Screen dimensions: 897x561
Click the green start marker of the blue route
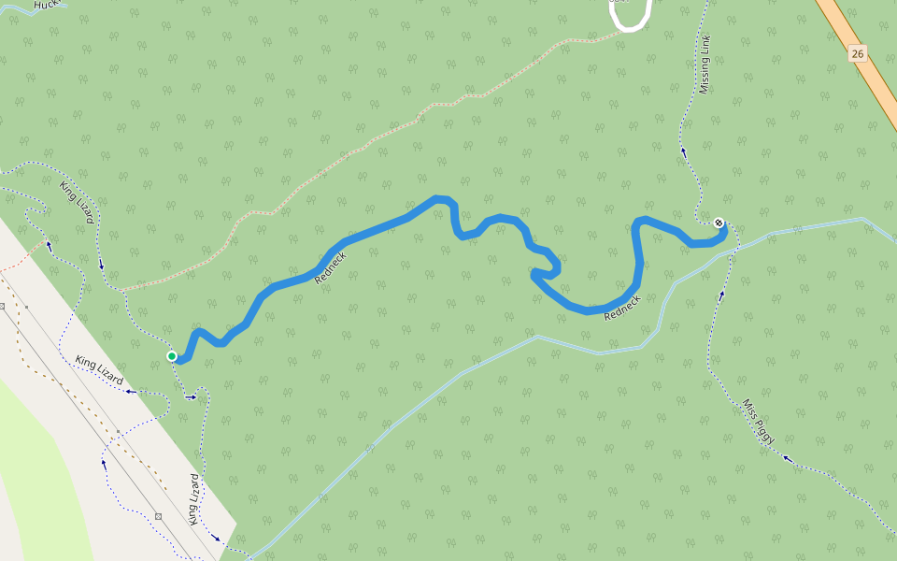pos(172,356)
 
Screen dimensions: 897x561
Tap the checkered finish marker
pos(718,223)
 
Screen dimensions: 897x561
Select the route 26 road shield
pos(858,53)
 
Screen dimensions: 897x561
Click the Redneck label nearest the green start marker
pos(331,268)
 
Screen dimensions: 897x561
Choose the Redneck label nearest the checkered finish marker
pos(622,309)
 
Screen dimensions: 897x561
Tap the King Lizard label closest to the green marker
pos(99,370)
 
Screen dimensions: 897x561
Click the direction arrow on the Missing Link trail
pos(683,151)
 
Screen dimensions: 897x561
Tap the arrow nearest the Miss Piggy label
pos(787,458)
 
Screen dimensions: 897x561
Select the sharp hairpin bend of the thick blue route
pos(534,274)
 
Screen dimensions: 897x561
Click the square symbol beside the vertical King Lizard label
pos(158,516)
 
